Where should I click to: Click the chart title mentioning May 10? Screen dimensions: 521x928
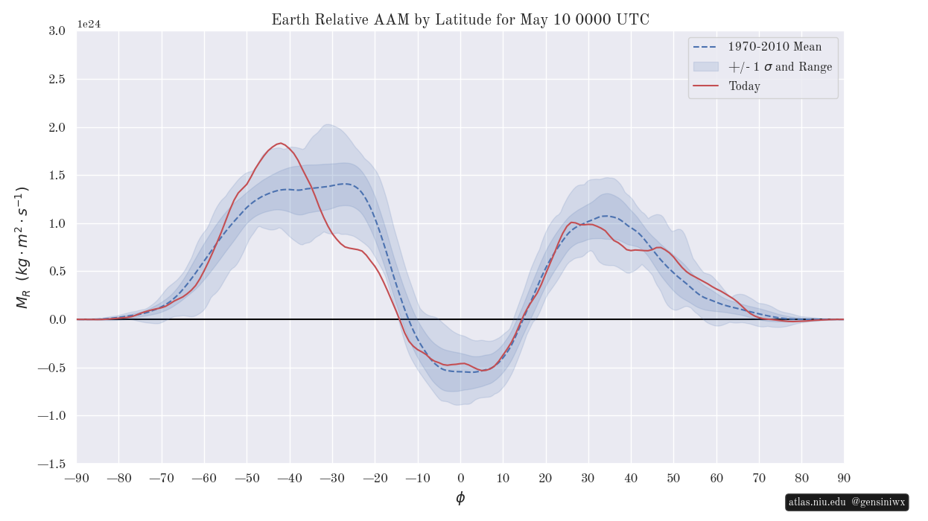pyautogui.click(x=460, y=20)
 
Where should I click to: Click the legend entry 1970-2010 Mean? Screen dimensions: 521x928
pyautogui.click(x=775, y=47)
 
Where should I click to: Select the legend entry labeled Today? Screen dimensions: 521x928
pyautogui.click(x=744, y=86)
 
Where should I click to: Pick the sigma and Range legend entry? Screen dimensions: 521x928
pyautogui.click(x=780, y=67)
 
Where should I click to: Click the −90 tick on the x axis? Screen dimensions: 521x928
pyautogui.click(x=77, y=478)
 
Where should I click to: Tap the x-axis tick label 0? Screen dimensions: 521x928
pyautogui.click(x=460, y=478)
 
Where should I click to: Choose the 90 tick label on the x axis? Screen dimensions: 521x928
pyautogui.click(x=844, y=478)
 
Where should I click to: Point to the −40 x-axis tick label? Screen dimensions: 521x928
pyautogui.click(x=290, y=478)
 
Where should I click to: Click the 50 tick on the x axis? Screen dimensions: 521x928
pyautogui.click(x=673, y=478)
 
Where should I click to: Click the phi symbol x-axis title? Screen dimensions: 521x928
pyautogui.click(x=460, y=498)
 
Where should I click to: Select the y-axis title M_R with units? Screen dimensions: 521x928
pyautogui.click(x=22, y=247)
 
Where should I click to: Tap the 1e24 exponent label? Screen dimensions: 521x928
pyautogui.click(x=89, y=24)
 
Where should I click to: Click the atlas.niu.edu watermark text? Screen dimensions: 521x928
pyautogui.click(x=818, y=502)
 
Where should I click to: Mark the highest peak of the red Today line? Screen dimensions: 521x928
pyautogui.click(x=280, y=143)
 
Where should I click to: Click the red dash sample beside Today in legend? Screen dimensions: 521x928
pyautogui.click(x=705, y=86)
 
